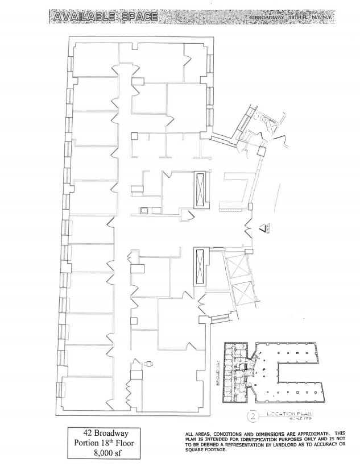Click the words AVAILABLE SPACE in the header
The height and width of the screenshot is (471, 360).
click(104, 18)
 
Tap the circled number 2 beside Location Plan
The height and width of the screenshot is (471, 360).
click(250, 415)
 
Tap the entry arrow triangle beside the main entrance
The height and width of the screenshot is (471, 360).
click(263, 230)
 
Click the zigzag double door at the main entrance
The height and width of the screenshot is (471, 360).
click(249, 230)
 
